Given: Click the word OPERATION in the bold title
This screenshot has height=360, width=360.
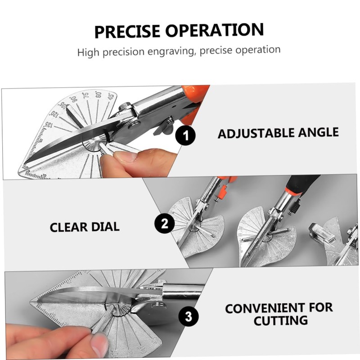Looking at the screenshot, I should click(x=215, y=31).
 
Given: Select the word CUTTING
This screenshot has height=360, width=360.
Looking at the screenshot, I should click(x=280, y=321).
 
